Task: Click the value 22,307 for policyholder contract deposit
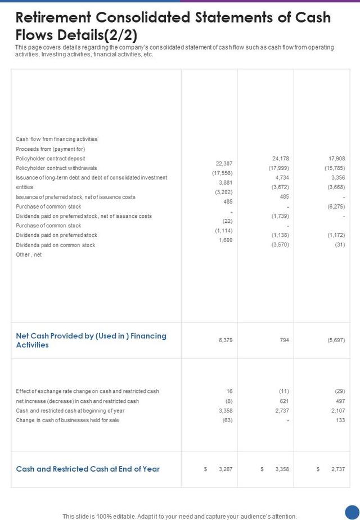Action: [224, 163]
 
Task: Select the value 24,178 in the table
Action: [280, 159]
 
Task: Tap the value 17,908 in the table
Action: [336, 159]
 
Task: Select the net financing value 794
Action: [284, 340]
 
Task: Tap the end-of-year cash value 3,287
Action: [226, 469]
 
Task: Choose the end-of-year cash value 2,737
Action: [338, 469]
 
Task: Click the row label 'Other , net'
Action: [29, 254]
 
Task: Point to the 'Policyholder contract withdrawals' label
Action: [56, 168]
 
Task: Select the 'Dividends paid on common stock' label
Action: [56, 245]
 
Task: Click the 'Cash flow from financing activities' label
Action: [56, 139]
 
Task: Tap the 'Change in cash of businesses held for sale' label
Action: [67, 420]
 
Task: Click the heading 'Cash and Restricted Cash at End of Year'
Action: [88, 469]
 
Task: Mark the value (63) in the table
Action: [227, 420]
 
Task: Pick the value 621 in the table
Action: [284, 401]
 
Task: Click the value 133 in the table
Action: [340, 420]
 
